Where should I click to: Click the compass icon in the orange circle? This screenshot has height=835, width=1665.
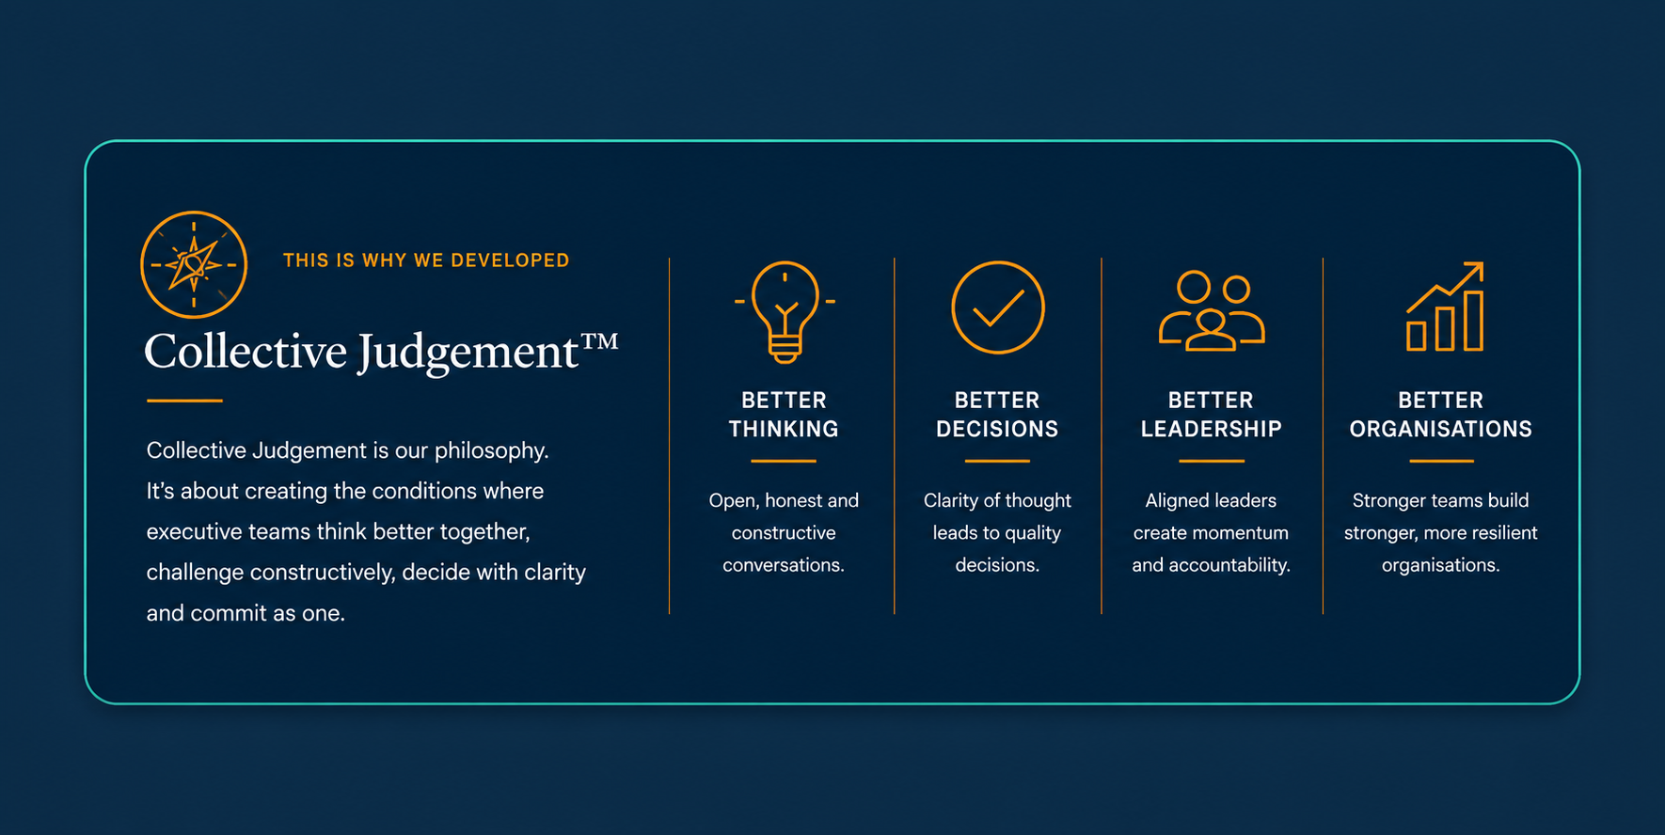tap(194, 264)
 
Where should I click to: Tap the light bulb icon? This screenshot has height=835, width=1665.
tap(785, 312)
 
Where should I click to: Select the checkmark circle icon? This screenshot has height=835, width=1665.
tap(997, 307)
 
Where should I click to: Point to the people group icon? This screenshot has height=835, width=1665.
tap(1212, 310)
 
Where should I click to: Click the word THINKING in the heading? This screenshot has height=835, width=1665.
tap(784, 429)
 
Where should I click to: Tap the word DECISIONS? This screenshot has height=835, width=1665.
tap(997, 429)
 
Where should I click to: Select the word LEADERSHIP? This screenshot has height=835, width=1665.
tap(1212, 429)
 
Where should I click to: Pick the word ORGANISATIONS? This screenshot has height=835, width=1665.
tap(1441, 429)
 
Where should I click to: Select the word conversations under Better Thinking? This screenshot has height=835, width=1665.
tap(784, 565)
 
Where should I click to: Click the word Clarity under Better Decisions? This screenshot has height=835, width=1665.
tap(951, 501)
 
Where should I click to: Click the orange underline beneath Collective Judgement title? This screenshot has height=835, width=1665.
tap(184, 401)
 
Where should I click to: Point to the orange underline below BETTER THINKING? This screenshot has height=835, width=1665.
tap(784, 461)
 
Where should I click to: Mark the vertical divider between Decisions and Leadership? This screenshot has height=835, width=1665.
tap(1102, 435)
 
